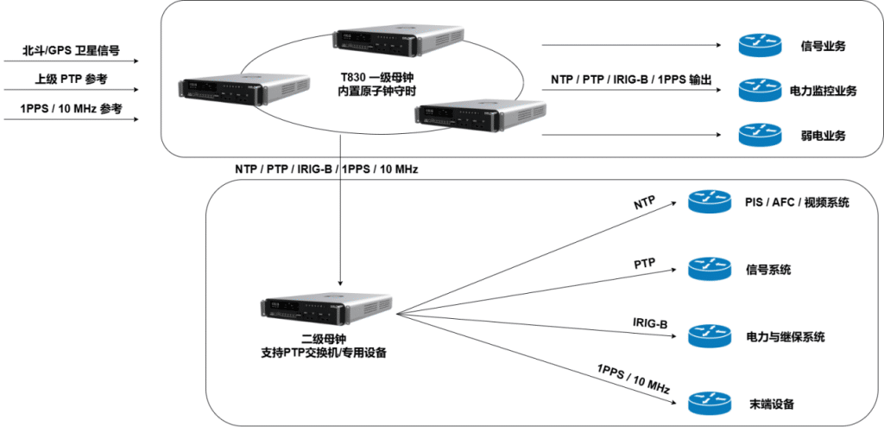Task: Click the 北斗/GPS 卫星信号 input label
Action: pos(71,52)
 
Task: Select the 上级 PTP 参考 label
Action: pos(71,80)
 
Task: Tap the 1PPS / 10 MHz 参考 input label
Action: pos(71,109)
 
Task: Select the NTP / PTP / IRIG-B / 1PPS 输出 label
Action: pos(631,80)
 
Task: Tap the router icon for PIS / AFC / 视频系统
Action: pos(708,203)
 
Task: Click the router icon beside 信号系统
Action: pos(708,270)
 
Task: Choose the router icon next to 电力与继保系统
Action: pos(708,336)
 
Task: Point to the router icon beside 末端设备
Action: pos(708,403)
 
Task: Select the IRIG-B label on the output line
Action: pos(649,324)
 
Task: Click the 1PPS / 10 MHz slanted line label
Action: pos(633,380)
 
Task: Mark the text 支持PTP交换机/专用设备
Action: pos(323,353)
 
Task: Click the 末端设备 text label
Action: pos(771,404)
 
